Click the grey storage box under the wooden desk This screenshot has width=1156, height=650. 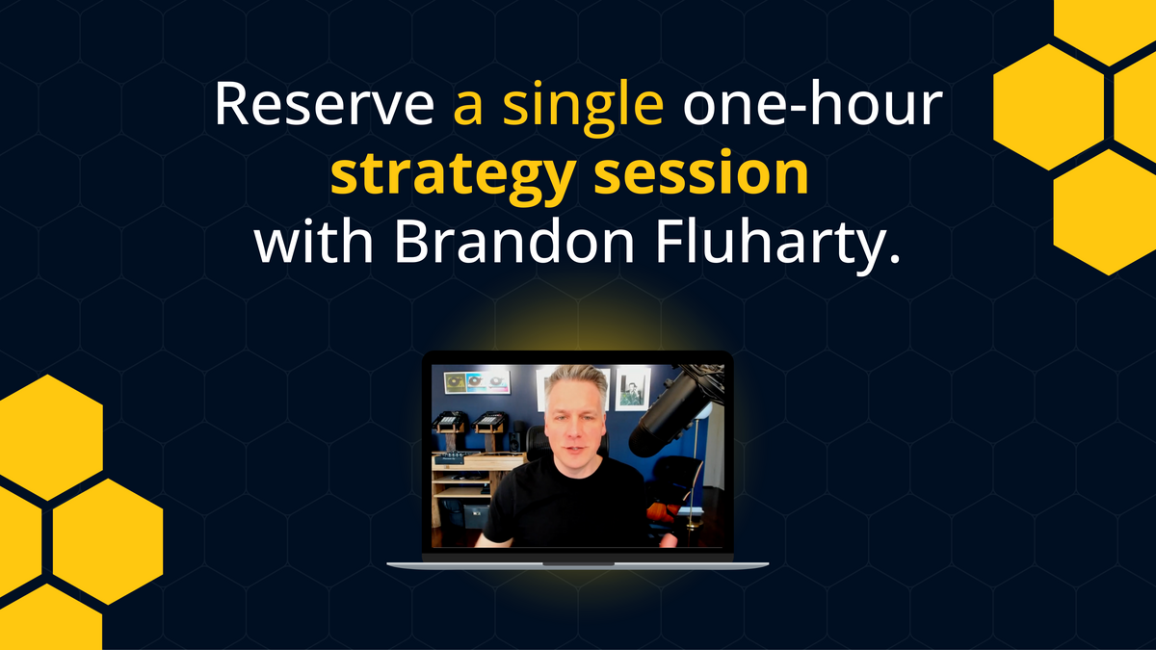pos(475,515)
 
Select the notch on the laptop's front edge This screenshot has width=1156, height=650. pos(578,563)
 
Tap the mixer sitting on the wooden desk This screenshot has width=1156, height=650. pos(457,459)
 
